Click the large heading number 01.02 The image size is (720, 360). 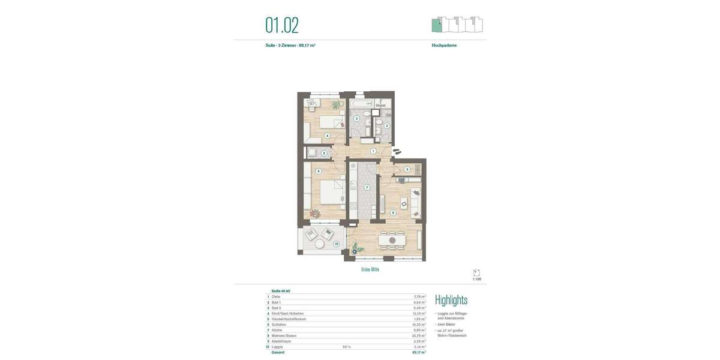pos(282,25)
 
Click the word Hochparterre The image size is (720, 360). pos(444,46)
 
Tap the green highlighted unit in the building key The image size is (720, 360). pos(437,26)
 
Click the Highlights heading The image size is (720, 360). pos(451,300)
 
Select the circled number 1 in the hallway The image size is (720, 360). pos(373,151)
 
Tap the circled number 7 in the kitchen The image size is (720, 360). pos(367,187)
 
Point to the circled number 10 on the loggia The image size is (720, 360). pos(337,244)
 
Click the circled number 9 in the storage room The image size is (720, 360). pos(407,170)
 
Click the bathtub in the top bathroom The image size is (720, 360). pos(360,104)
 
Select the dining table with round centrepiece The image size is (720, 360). pos(392,240)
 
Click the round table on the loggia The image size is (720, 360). pos(319,244)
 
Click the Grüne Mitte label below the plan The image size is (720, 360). pos(370,269)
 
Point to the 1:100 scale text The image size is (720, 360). pos(477,279)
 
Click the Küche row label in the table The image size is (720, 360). pos(277,330)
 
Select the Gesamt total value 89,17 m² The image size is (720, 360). pos(419,352)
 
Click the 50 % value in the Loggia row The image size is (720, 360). pos(347,347)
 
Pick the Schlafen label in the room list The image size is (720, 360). pos(279,325)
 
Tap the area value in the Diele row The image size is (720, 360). pos(419,296)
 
